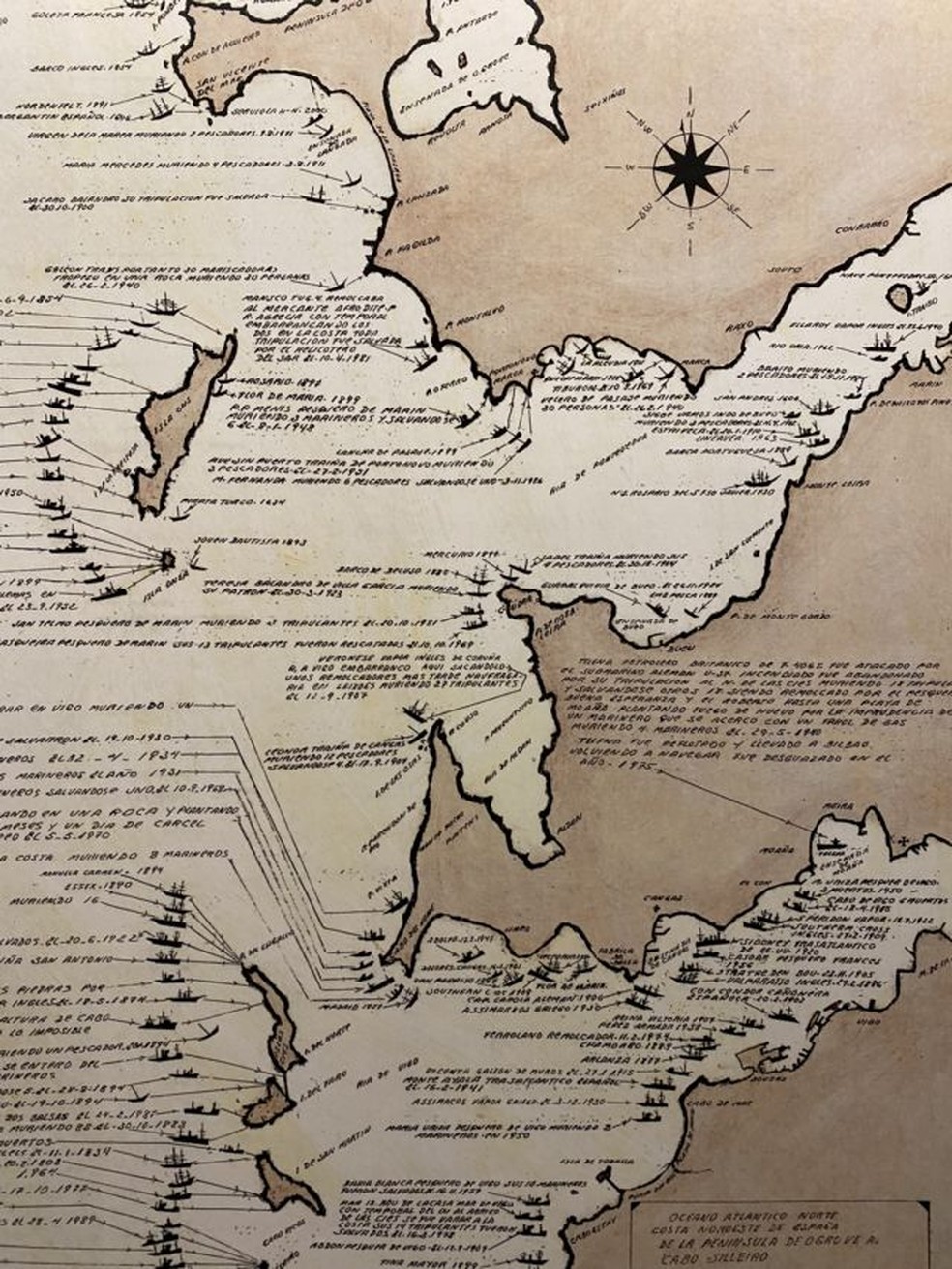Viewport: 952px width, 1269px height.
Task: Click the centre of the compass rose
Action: pos(691,166)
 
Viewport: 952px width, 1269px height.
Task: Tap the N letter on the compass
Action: pos(691,113)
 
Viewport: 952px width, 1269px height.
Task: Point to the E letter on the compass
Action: pos(747,168)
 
